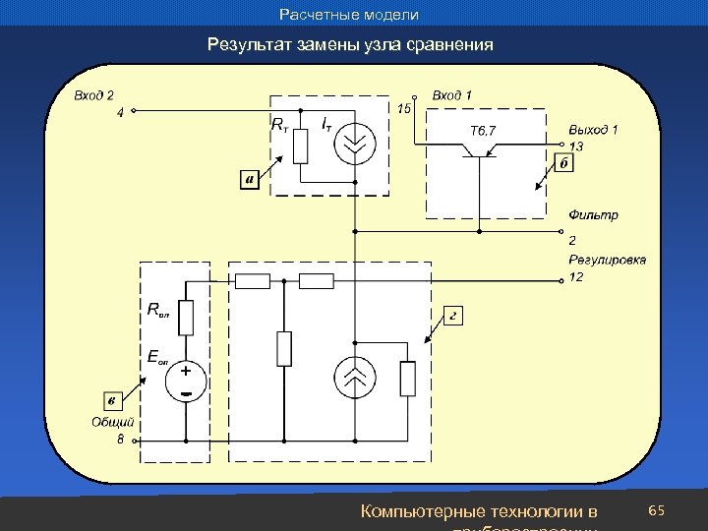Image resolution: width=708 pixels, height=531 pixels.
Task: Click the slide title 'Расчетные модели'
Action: point(349,15)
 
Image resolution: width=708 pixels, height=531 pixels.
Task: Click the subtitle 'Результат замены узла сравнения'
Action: point(350,45)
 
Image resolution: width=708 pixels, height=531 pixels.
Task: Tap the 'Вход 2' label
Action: point(94,95)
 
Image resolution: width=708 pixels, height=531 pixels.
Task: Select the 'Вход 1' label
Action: point(452,95)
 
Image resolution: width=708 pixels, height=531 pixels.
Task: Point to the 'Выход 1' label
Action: point(593,129)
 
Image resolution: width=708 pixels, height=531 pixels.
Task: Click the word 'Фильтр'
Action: point(593,214)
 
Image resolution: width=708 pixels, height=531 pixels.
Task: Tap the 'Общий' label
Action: point(112,422)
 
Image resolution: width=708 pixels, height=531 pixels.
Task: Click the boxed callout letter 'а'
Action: point(250,180)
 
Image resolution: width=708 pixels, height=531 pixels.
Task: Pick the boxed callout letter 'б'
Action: point(563,163)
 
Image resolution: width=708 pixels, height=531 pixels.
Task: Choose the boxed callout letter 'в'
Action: point(114,399)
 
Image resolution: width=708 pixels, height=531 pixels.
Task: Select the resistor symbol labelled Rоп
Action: point(186,318)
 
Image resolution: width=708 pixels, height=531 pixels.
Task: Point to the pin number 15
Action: point(403,108)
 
